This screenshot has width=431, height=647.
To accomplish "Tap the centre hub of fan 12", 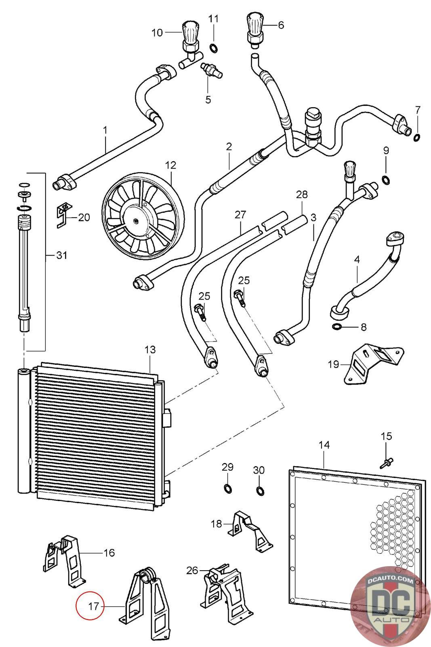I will click(x=136, y=221).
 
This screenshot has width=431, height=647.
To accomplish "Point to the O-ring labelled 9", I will click(x=386, y=180).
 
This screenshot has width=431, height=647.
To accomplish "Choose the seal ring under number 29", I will click(x=228, y=488).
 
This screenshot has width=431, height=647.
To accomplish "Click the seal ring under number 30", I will click(x=259, y=491).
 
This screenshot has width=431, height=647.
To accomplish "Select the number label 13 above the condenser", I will click(x=150, y=349).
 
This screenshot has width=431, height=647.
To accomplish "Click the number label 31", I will click(x=61, y=255).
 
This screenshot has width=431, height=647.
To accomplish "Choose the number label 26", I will click(x=192, y=570).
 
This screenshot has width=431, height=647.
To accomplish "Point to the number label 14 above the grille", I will click(x=324, y=445).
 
